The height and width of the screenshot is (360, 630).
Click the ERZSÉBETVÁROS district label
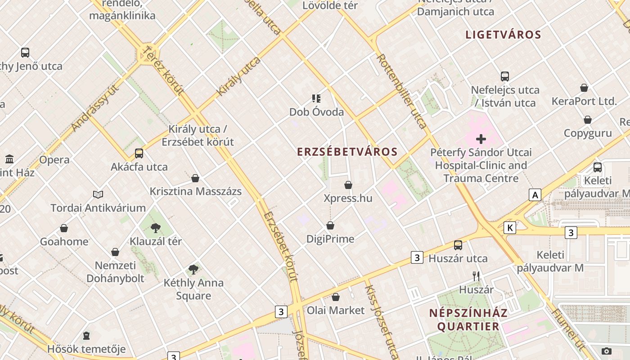tap(347, 152)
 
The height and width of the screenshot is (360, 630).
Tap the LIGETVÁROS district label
tap(503, 35)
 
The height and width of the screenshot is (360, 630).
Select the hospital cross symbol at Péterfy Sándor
tap(481, 139)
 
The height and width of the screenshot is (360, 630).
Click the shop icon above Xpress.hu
tap(348, 185)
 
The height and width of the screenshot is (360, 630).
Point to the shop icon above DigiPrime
tap(330, 225)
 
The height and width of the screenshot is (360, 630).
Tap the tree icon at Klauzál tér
tap(156, 228)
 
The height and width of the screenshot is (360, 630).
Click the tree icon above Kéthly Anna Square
tap(193, 270)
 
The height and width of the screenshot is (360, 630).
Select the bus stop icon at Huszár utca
tap(458, 245)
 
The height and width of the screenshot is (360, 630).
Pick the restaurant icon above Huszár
tap(476, 276)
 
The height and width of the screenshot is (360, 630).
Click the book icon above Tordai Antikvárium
tap(98, 194)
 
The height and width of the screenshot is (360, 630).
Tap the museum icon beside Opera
tap(9, 159)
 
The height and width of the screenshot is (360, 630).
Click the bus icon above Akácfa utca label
tap(139, 153)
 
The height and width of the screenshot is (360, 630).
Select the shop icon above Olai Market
tap(335, 297)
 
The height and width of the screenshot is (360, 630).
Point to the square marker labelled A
tap(535, 195)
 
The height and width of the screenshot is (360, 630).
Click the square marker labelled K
tap(510, 228)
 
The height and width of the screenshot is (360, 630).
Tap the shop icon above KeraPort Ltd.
tap(584, 88)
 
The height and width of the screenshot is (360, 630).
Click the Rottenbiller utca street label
tap(402, 91)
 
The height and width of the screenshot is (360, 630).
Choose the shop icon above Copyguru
tap(588, 120)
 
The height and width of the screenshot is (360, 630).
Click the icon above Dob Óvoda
tap(316, 98)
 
